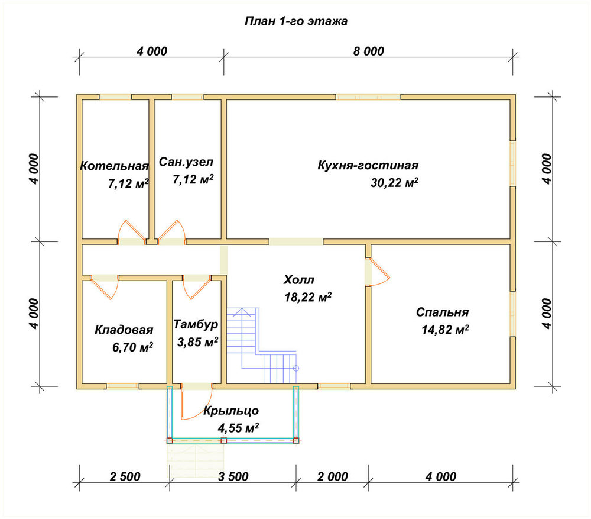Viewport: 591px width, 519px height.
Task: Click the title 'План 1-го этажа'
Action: point(296,21)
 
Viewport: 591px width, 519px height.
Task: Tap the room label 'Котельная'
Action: point(114,166)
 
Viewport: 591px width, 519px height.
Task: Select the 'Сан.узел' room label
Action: point(186,162)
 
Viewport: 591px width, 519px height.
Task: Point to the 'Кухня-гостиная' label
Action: point(368,165)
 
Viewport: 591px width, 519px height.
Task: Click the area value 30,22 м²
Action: point(394,183)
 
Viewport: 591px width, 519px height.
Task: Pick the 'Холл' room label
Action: point(298,280)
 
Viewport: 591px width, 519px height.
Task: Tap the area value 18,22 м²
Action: point(308,297)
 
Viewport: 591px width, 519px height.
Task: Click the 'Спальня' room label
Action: point(442,312)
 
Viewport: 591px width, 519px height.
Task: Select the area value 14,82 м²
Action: point(445,330)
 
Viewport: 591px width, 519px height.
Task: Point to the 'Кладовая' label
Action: point(124,330)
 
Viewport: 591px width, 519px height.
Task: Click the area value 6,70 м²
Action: point(132,347)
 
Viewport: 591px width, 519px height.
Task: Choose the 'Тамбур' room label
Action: point(196,324)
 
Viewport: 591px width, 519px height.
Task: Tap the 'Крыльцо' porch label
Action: point(231,411)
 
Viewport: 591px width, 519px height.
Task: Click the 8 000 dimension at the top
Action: point(369,51)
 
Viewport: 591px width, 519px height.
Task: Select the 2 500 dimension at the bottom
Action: point(125,477)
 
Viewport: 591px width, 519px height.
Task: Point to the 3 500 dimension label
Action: point(233,477)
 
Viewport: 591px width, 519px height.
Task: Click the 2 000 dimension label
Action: point(332,477)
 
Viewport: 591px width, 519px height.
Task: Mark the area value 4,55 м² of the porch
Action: point(238,428)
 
